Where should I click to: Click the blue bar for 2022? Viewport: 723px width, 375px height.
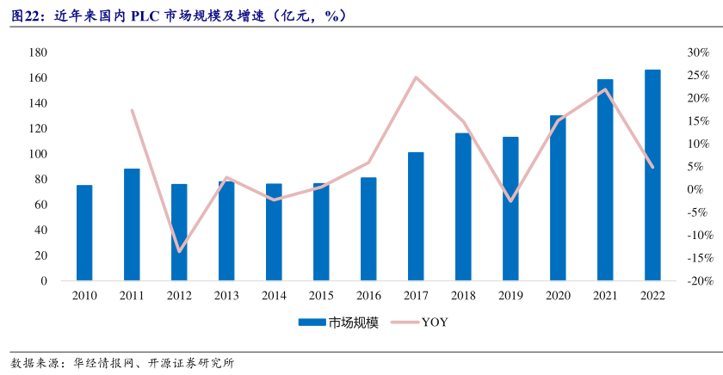click(652, 175)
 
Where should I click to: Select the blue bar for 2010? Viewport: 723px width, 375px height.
click(84, 232)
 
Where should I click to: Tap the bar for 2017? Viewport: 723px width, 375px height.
click(416, 216)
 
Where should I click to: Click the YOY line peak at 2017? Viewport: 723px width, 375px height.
click(416, 77)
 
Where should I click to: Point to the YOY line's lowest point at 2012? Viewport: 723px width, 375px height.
click(179, 251)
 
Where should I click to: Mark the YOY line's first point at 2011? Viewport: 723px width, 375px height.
click(132, 110)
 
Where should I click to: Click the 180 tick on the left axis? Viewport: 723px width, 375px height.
click(38, 52)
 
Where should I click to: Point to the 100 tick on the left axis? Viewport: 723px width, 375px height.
click(38, 154)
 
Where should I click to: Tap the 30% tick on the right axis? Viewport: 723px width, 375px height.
click(673, 52)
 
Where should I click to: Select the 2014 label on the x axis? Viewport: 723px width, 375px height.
click(274, 295)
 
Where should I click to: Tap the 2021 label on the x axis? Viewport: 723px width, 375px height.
click(605, 295)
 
